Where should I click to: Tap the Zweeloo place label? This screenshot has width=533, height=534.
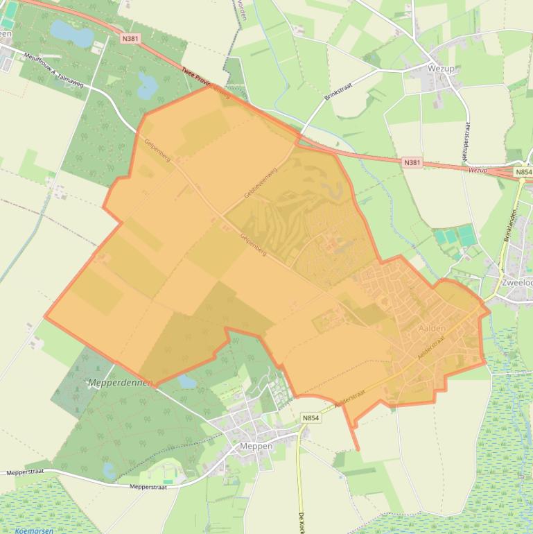(516, 282)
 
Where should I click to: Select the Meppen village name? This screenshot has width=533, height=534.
(255, 446)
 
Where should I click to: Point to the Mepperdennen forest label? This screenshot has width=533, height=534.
(120, 382)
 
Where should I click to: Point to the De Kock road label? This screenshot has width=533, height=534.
(302, 522)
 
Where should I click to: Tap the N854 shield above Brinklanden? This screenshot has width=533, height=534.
(523, 172)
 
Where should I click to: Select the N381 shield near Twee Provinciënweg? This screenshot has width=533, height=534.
(130, 39)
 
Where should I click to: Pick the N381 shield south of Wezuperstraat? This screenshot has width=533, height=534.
(412, 162)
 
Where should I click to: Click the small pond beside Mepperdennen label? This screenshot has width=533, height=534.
(187, 381)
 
